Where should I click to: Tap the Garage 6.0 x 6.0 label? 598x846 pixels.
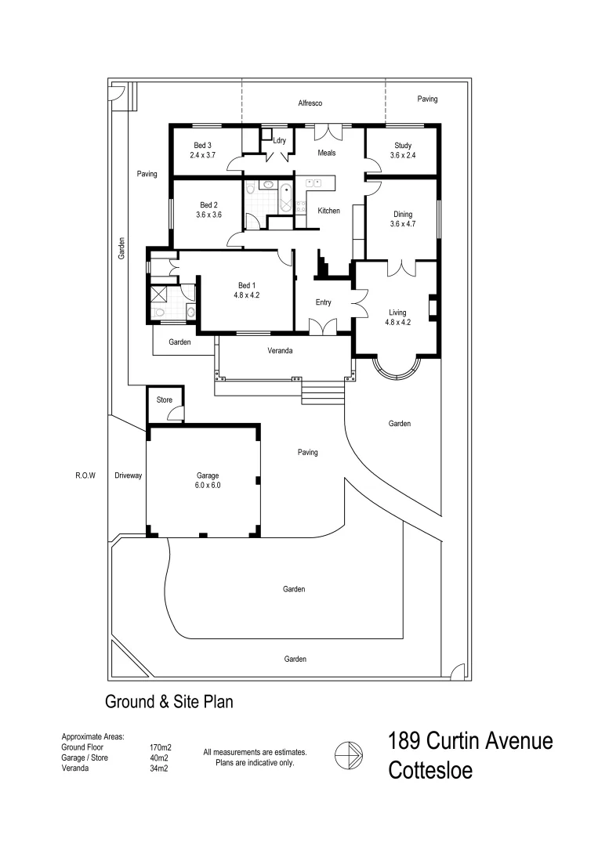[208, 480]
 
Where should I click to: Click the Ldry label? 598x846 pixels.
[279, 141]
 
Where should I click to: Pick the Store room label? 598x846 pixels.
[164, 400]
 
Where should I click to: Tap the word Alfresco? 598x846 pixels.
[310, 103]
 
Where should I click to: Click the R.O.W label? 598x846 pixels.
[85, 475]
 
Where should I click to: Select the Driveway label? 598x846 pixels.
[128, 475]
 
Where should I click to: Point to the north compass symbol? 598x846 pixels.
[347, 756]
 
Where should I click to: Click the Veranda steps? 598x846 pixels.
[322, 392]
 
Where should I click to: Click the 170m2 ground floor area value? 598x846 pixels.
[159, 748]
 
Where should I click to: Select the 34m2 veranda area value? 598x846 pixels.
[159, 768]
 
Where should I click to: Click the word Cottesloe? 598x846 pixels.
[430, 771]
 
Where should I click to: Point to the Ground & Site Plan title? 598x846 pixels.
[169, 702]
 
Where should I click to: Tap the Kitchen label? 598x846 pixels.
[328, 211]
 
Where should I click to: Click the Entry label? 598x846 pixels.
[323, 302]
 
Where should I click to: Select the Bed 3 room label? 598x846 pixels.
[202, 150]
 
